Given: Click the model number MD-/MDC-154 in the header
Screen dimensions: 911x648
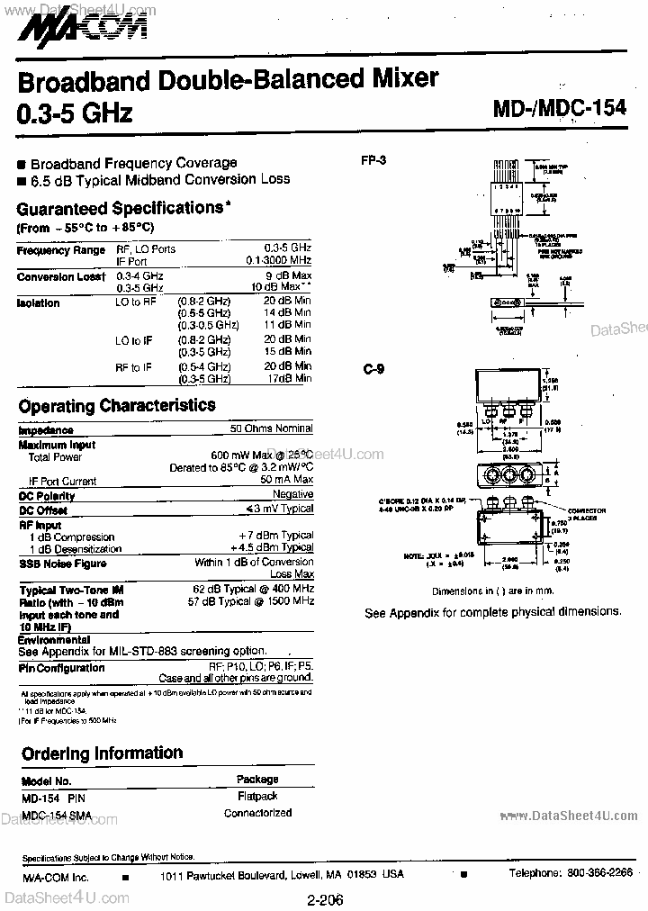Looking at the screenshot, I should (559, 108).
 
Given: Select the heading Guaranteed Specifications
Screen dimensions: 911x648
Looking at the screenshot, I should (120, 208).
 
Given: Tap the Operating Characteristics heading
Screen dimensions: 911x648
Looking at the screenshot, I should (117, 406).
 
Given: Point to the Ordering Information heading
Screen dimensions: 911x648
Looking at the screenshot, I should (102, 753).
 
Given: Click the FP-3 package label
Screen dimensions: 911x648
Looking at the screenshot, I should (373, 160).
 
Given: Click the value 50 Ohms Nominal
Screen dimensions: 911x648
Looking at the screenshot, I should (271, 429).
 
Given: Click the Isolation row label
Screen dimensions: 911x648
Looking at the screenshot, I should (38, 303).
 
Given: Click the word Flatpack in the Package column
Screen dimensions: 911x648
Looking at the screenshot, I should (257, 796).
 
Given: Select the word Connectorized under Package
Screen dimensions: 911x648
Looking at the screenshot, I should (257, 813).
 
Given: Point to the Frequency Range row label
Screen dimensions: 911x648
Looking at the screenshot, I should (61, 250).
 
